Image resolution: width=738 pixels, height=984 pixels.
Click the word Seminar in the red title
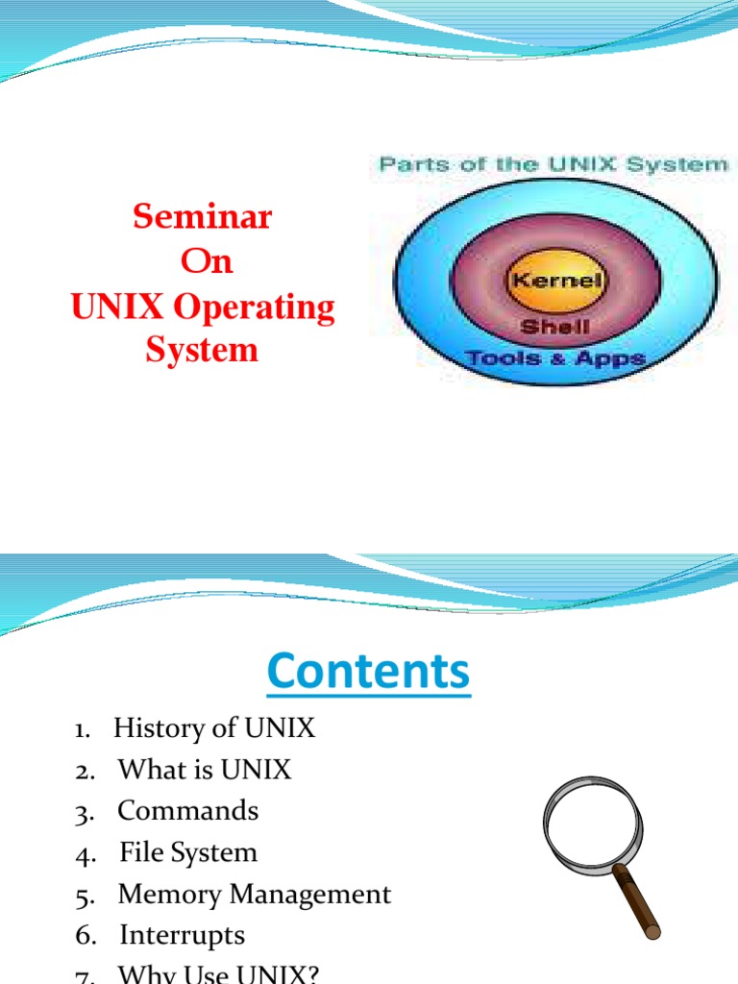pos(202,217)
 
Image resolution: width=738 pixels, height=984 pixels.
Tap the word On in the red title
pos(207,261)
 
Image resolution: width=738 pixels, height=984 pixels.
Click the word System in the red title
pos(202,350)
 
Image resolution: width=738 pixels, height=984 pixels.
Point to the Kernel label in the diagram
pos(555,282)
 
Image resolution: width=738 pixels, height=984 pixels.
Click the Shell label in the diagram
pos(554,327)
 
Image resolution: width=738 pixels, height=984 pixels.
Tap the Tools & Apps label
pos(554,358)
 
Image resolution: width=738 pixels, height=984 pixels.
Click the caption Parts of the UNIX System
pos(553,164)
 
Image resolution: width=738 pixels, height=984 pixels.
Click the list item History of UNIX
pos(213,728)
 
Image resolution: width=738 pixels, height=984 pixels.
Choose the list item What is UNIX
pos(204,770)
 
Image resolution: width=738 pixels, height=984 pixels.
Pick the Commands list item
pos(187,811)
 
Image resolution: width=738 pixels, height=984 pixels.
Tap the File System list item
pos(188,852)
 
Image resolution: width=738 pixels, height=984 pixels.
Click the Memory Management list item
pos(254,895)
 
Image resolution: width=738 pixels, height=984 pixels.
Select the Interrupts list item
pos(182,935)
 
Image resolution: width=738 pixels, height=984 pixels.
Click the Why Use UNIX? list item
pos(217,973)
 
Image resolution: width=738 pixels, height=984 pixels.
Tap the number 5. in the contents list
pos(85,896)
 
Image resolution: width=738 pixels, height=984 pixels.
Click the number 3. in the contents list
pos(85,812)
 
